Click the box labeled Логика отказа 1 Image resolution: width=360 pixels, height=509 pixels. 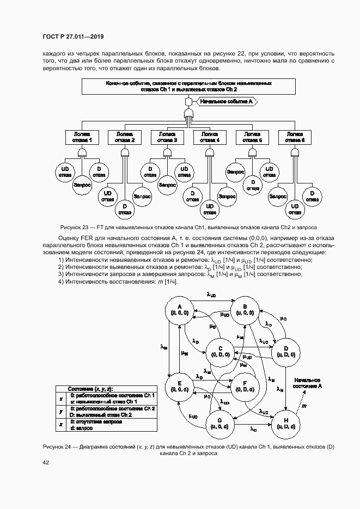(x=82, y=137)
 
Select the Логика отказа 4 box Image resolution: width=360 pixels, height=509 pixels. (x=210, y=137)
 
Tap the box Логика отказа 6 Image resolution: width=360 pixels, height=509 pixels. (x=295, y=137)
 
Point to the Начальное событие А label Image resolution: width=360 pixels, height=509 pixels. (x=225, y=101)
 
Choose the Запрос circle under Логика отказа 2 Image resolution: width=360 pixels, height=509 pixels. (x=142, y=194)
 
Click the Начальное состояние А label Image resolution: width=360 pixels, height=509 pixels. (x=307, y=382)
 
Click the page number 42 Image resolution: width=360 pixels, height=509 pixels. (x=46, y=463)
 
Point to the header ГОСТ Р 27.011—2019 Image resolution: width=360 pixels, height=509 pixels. (x=72, y=37)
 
